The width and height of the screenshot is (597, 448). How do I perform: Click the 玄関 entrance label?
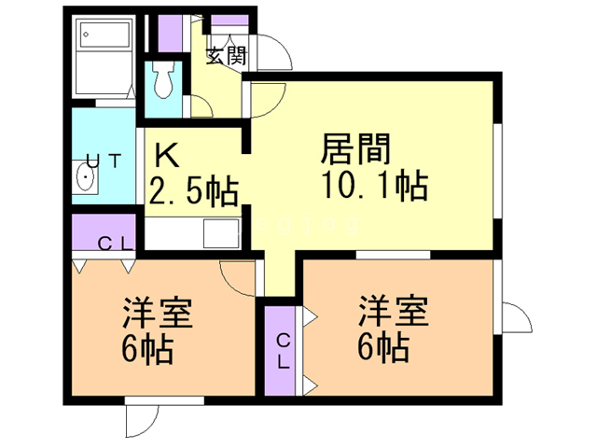point(226,56)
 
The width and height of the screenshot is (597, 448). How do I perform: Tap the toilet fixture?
point(165,81)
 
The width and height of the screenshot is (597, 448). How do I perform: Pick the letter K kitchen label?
point(165,153)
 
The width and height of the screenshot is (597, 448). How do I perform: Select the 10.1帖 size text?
point(373,185)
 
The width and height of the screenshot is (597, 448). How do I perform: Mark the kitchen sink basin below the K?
point(220,231)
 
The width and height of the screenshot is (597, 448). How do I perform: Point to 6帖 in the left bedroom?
point(145,350)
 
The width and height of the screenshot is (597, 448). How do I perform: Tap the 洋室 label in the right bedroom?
point(393,312)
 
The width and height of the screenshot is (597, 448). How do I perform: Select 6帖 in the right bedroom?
point(382,348)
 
